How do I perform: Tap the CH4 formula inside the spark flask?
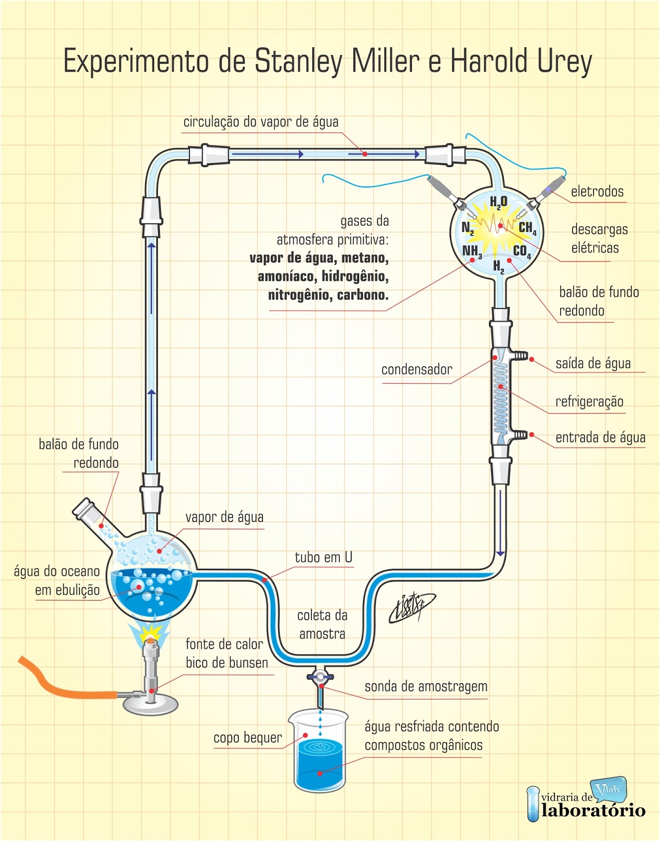pos(527,228)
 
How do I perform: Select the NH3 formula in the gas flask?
pos(471,251)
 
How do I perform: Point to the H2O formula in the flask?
pos(498,202)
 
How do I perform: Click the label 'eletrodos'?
pos(597,192)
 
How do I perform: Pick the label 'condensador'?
pos(417,370)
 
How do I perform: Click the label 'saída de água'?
pos(593,364)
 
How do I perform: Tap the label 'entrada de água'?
pos(600,438)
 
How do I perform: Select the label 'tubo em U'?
pos(323,557)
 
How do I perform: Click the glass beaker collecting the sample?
pos(319,752)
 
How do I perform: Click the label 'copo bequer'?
pos(247,738)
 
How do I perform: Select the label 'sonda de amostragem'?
pos(425,686)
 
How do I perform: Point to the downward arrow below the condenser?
pos(500,553)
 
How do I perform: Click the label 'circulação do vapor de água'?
pos(260,122)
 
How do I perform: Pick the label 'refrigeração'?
pos(589,402)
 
